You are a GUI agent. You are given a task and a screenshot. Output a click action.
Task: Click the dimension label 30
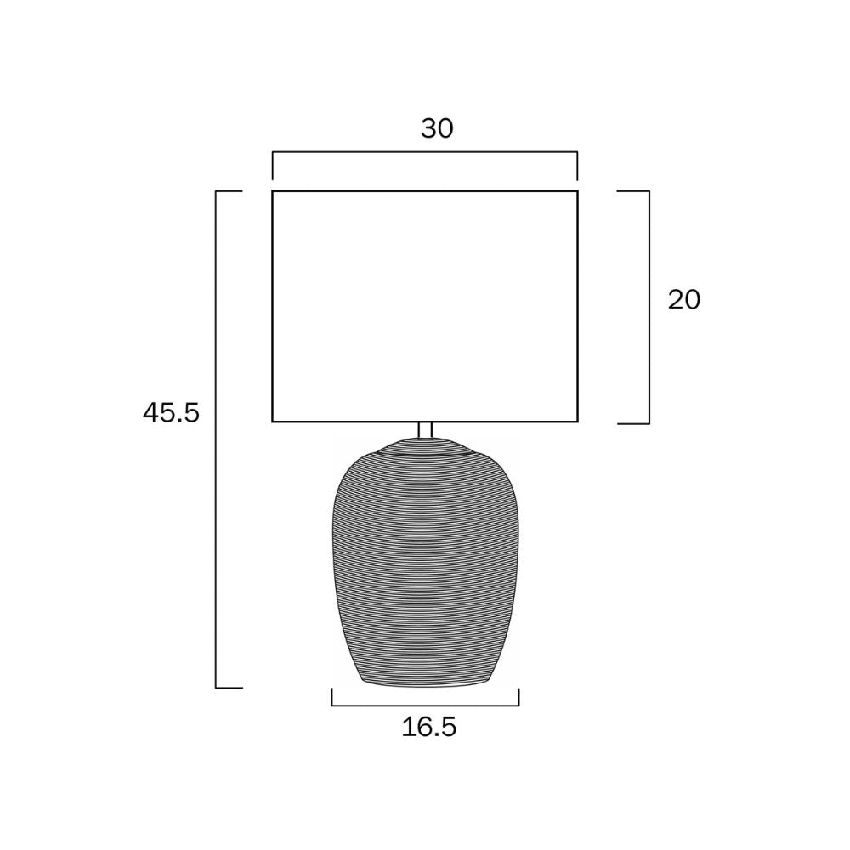tap(437, 128)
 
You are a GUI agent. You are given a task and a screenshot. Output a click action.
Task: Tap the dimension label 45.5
tap(172, 413)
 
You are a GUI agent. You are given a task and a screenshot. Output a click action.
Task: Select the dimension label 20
tap(684, 300)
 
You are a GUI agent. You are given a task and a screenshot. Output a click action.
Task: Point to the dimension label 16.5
tap(429, 727)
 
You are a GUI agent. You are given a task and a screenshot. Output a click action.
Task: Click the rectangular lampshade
tap(425, 306)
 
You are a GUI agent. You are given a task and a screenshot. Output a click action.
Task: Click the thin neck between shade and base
tap(426, 429)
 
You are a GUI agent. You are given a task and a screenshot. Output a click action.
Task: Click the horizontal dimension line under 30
tap(425, 152)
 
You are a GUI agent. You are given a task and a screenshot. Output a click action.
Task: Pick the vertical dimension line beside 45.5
tap(216, 439)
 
